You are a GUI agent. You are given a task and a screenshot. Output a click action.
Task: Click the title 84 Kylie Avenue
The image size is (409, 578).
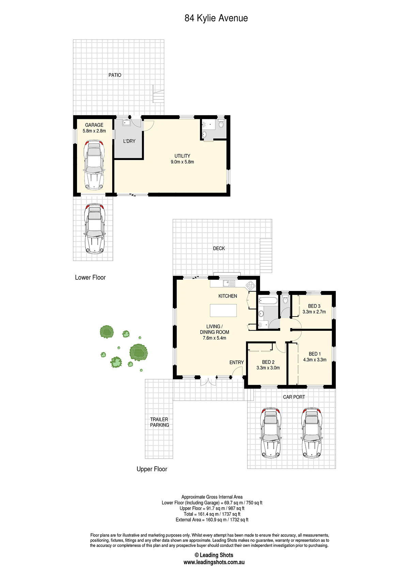(216, 18)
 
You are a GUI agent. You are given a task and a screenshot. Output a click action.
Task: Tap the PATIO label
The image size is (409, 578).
(115, 75)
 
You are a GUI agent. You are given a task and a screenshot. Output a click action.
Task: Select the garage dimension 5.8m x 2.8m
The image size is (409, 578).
(94, 131)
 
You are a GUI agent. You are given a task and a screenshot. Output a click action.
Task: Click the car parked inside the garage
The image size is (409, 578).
(94, 165)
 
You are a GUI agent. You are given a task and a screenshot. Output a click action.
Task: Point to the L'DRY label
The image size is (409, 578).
(129, 141)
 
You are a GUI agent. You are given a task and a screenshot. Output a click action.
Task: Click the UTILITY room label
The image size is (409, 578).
(182, 156)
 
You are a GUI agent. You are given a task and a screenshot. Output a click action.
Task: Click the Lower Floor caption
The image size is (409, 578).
(90, 277)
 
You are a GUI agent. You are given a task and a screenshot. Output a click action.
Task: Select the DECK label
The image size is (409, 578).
(219, 248)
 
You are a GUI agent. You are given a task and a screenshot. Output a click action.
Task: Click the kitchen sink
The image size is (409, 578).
(229, 283)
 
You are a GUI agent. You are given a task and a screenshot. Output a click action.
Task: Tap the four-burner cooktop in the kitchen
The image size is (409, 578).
(251, 285)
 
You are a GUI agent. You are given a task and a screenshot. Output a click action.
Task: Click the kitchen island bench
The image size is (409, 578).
(223, 310)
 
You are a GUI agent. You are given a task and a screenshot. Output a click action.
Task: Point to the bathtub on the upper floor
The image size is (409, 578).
(268, 301)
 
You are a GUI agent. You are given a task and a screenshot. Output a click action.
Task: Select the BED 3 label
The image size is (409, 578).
(314, 306)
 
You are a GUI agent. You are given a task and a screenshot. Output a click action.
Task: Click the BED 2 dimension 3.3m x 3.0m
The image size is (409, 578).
(268, 368)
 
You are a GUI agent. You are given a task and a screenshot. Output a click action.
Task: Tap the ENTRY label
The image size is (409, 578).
(237, 363)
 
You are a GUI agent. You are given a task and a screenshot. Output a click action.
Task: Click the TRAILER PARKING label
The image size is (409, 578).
(160, 422)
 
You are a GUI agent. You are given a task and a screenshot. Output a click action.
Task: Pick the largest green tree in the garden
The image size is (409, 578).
(138, 352)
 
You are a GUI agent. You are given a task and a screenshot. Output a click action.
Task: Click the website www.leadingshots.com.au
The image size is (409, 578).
(214, 562)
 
